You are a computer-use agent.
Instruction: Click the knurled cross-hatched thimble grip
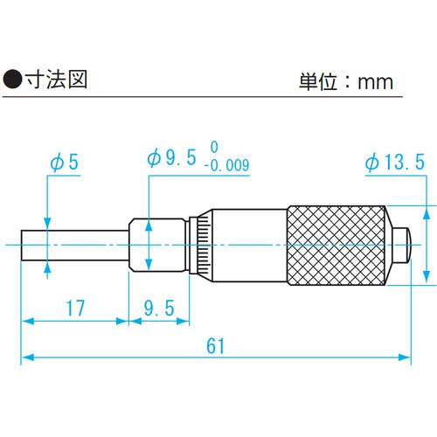(337, 246)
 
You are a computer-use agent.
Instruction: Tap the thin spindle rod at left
(74, 246)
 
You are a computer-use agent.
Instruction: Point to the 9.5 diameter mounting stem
(157, 246)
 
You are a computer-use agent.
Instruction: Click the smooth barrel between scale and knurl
(249, 246)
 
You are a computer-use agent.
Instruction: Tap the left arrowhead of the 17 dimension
(26, 321)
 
